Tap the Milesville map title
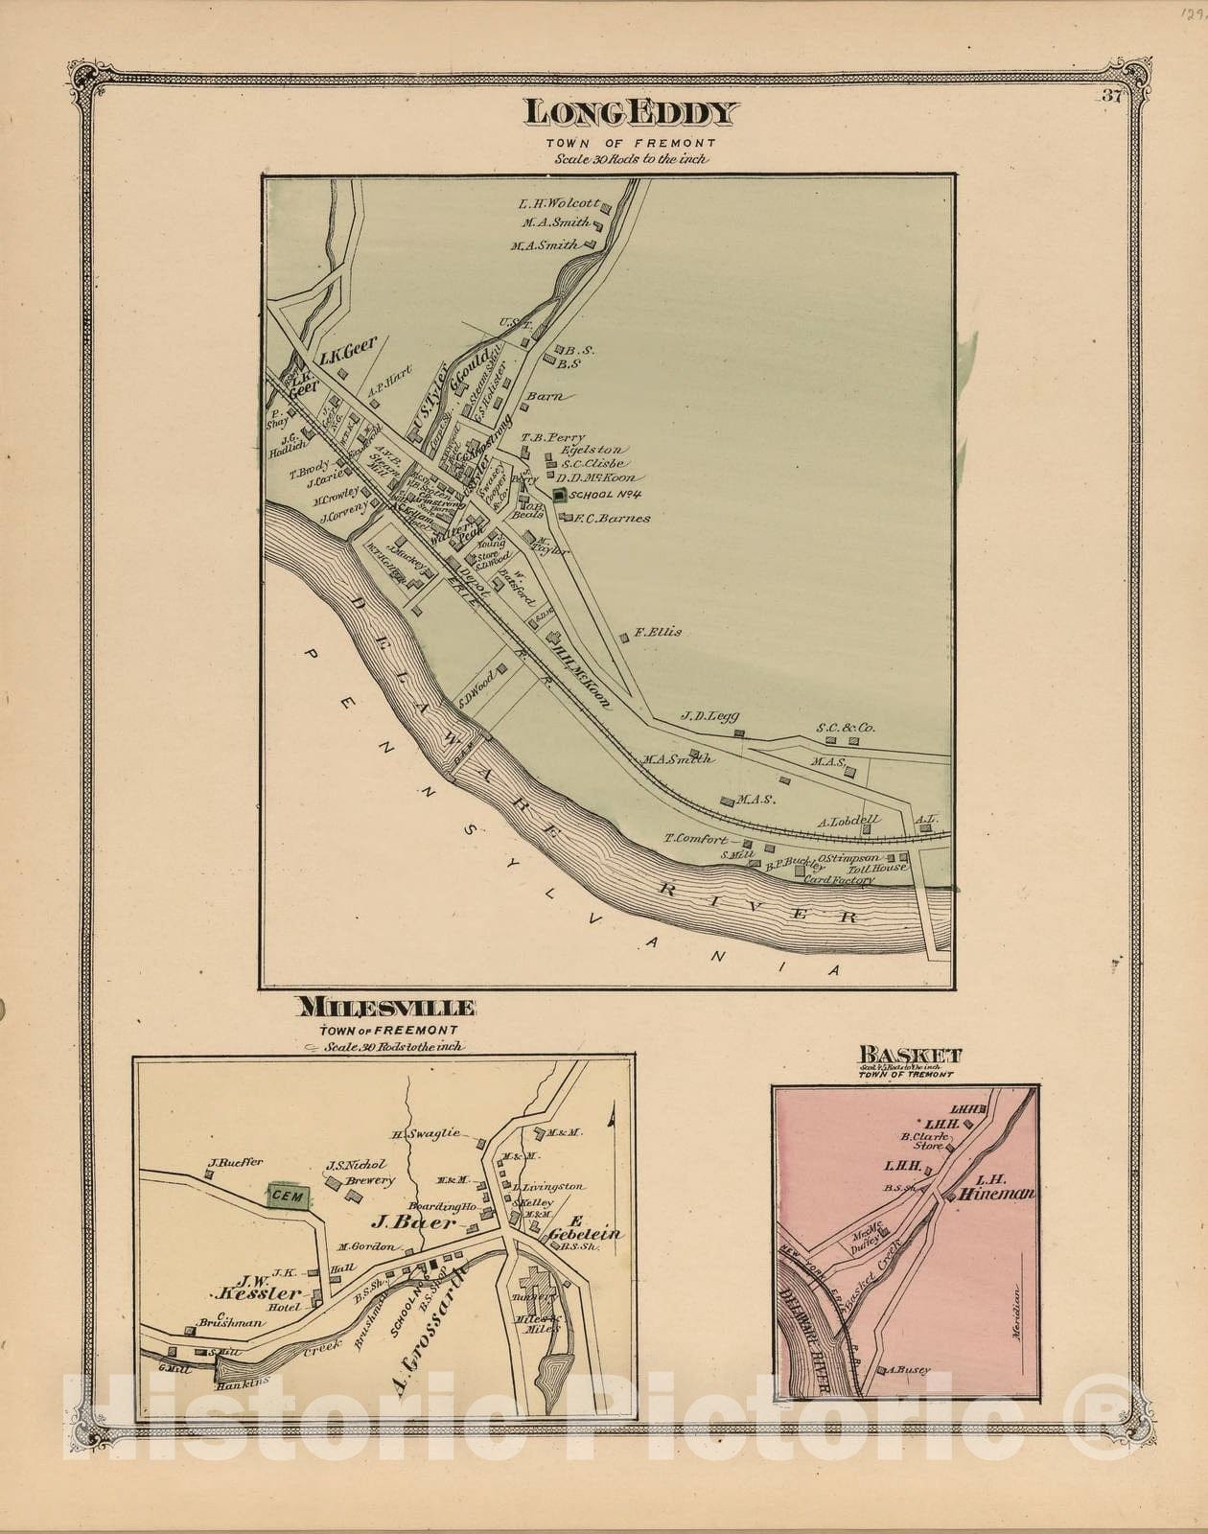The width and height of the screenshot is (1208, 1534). click(x=387, y=1007)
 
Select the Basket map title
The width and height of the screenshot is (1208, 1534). click(x=911, y=1057)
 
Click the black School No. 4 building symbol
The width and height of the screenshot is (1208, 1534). click(x=559, y=495)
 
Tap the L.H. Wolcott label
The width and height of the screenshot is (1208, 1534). click(x=559, y=203)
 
